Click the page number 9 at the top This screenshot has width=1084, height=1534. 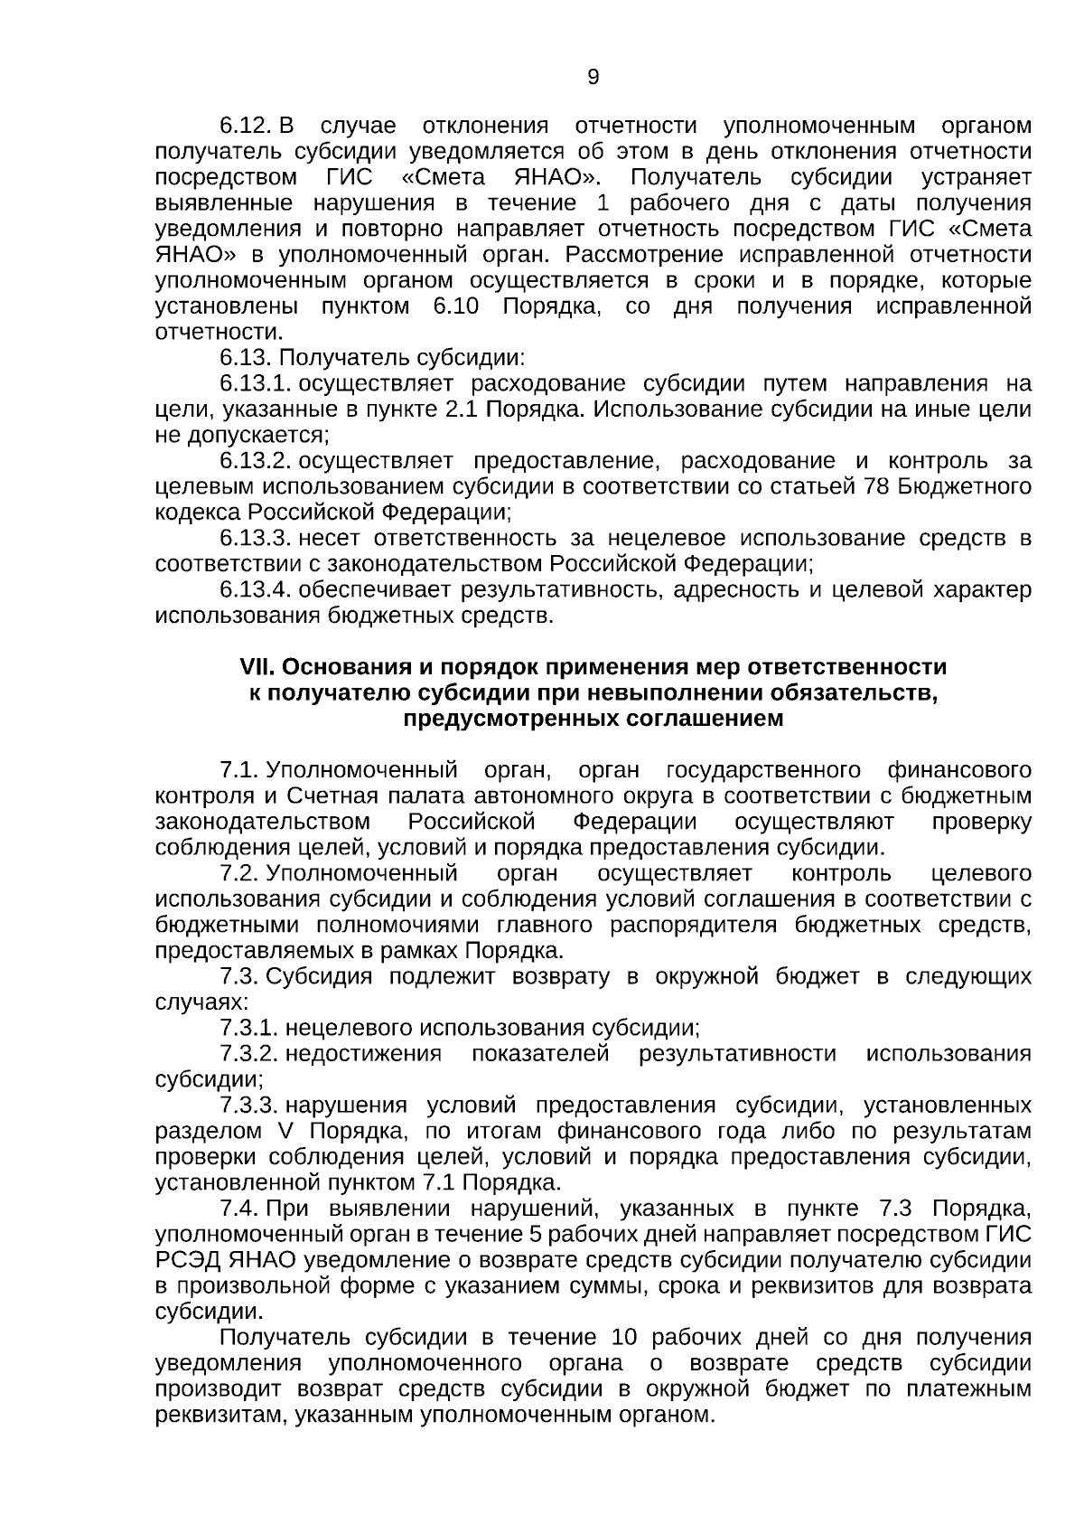[593, 77]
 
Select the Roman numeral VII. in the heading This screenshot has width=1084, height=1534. [257, 667]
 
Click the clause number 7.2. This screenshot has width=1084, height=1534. [239, 873]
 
